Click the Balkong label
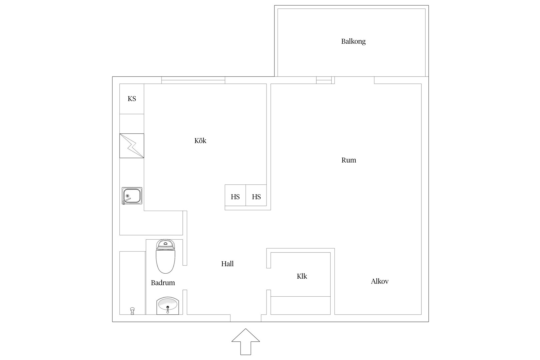click(353, 41)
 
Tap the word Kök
click(200, 141)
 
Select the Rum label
click(349, 160)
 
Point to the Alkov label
click(379, 281)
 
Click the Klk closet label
click(302, 276)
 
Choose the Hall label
click(227, 264)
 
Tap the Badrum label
click(163, 283)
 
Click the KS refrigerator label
click(132, 99)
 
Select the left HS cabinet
click(235, 195)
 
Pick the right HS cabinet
click(256, 195)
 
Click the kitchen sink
click(132, 196)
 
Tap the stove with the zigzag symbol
click(132, 146)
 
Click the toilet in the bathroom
click(165, 257)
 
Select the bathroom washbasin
click(168, 306)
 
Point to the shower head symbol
click(132, 311)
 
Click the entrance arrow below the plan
click(246, 342)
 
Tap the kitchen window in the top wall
click(193, 80)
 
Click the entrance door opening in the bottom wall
click(246, 318)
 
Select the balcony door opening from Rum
click(354, 80)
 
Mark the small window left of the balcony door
click(324, 80)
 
